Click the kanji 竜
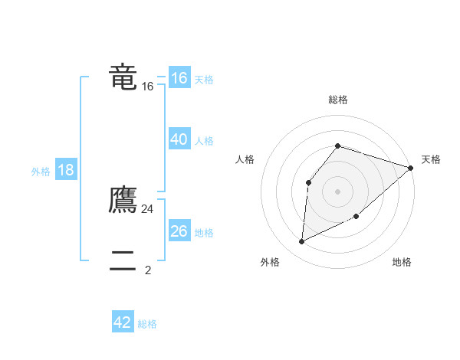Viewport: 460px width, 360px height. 123,77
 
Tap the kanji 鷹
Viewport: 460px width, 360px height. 123,200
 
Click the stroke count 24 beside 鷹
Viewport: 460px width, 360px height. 148,209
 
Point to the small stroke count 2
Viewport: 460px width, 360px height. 148,270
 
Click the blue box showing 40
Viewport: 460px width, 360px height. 179,139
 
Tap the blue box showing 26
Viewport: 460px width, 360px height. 179,231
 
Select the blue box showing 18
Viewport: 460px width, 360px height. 66,170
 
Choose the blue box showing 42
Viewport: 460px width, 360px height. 123,322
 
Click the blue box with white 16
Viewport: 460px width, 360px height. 179,78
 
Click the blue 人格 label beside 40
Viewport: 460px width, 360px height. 205,141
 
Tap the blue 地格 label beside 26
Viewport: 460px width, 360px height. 205,233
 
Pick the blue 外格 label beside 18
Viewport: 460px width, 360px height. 41,172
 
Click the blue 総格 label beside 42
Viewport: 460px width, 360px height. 147,324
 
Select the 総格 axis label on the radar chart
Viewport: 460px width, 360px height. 338,100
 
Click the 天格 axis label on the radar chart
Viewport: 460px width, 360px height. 431,159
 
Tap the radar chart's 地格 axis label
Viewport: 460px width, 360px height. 402,262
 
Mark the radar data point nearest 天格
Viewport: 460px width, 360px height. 411,168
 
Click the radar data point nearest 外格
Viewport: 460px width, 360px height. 302,242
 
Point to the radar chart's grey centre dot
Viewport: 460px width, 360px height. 338,191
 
